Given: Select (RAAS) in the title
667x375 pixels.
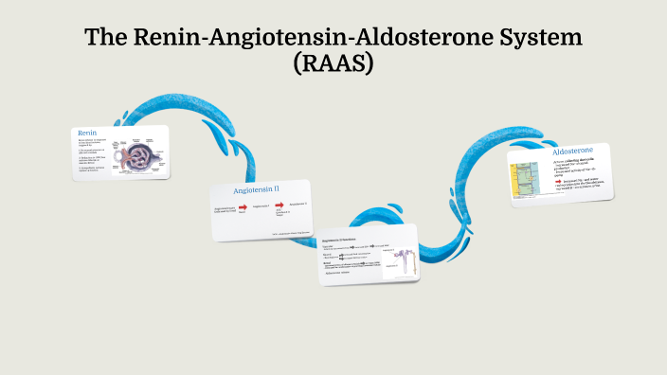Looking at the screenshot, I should coord(334,65).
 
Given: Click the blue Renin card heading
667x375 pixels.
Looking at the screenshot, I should coord(87,133).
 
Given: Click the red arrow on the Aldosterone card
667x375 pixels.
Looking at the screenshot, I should coord(558,179).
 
